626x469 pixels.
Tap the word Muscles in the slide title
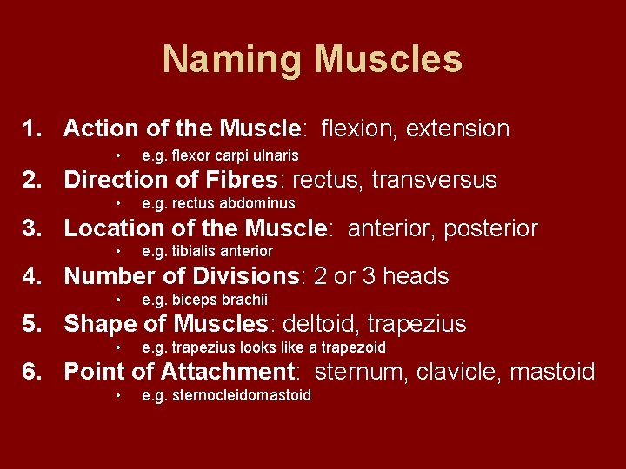tap(389, 60)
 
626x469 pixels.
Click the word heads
tap(416, 276)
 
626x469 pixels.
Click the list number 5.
tap(32, 324)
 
